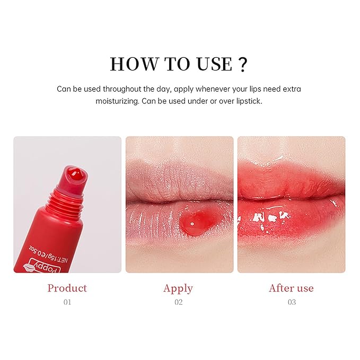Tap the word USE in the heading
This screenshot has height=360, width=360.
(x=210, y=64)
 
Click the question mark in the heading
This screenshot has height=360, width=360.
(x=243, y=64)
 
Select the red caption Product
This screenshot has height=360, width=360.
(x=67, y=288)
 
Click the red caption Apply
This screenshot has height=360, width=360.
(x=178, y=288)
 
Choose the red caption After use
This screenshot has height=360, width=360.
(x=291, y=288)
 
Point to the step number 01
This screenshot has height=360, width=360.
(x=67, y=302)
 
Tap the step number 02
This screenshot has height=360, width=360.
(x=178, y=302)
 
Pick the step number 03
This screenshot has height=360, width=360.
(x=291, y=302)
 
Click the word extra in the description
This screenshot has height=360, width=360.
(x=291, y=89)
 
